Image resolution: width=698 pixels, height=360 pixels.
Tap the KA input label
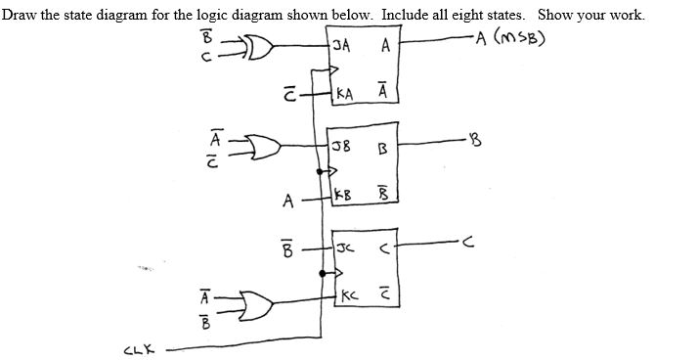[344, 95]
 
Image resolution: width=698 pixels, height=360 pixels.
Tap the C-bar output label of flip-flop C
[385, 294]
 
